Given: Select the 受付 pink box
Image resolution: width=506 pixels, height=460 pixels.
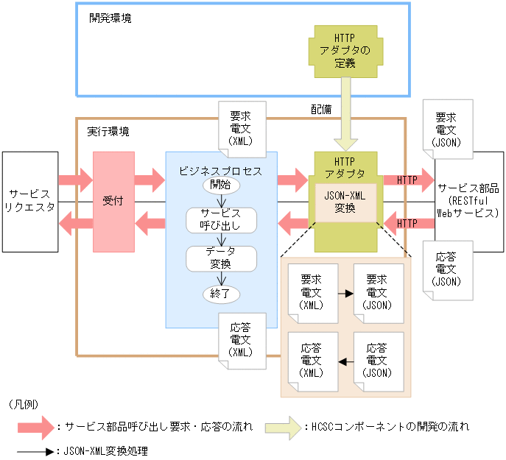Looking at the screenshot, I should tap(113, 200).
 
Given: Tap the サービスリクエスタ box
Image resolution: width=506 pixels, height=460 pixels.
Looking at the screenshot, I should tap(29, 200).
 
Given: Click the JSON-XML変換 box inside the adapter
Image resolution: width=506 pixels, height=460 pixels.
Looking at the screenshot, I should tap(345, 202).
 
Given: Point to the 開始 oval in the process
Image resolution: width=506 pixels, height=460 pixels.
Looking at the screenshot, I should tap(220, 184).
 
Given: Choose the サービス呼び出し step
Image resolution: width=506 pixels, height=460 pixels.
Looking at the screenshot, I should tap(220, 218).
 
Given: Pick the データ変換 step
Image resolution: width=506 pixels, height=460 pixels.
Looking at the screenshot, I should tap(220, 257).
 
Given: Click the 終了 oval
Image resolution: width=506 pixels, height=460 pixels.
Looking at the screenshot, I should tap(220, 292).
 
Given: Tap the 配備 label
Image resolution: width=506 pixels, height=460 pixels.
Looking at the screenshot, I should tap(321, 108).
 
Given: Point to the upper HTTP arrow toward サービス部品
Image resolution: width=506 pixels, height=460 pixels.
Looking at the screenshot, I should tap(407, 180).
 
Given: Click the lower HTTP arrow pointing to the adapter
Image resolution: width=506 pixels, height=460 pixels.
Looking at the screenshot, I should tap(407, 223).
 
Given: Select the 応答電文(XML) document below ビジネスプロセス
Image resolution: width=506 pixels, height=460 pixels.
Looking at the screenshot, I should tap(240, 339).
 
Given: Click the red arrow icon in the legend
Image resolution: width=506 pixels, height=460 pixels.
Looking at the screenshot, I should tap(38, 426).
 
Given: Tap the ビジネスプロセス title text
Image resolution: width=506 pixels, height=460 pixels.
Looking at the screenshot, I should tap(221, 170).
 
